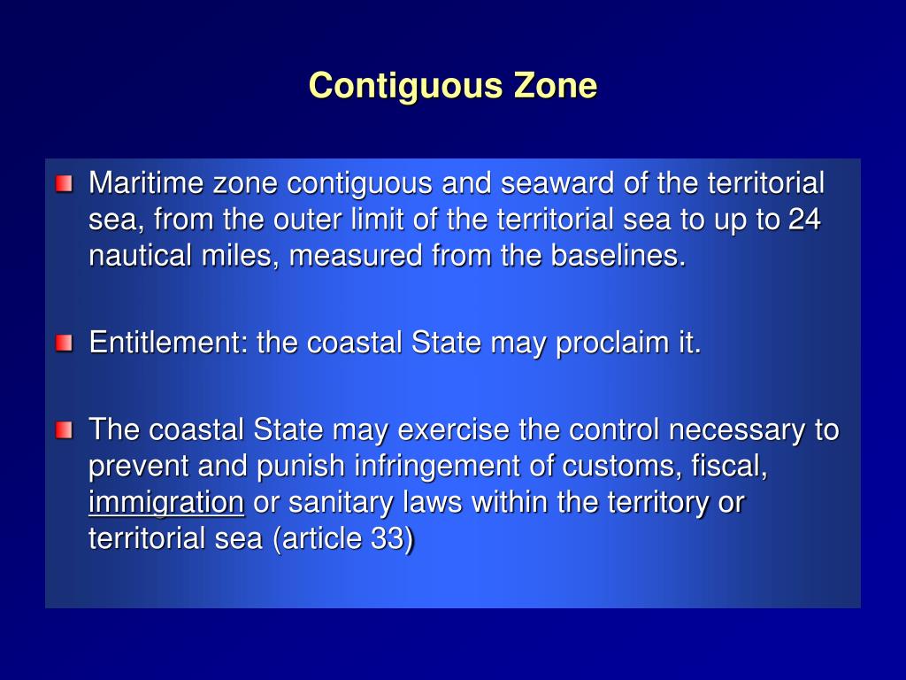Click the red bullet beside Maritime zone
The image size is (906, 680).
point(64,184)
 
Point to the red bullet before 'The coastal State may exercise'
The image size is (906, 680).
point(64,431)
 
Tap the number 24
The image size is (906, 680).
point(804,220)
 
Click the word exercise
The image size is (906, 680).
point(454,431)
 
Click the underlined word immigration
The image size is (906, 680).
point(165,503)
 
